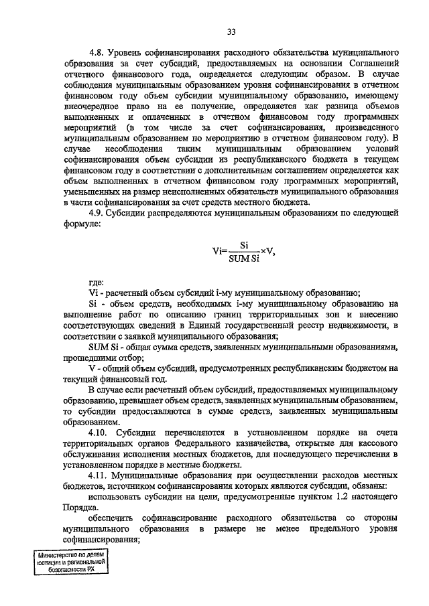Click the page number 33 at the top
231,31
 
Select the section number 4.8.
99,52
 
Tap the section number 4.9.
99,212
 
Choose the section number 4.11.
101,473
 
